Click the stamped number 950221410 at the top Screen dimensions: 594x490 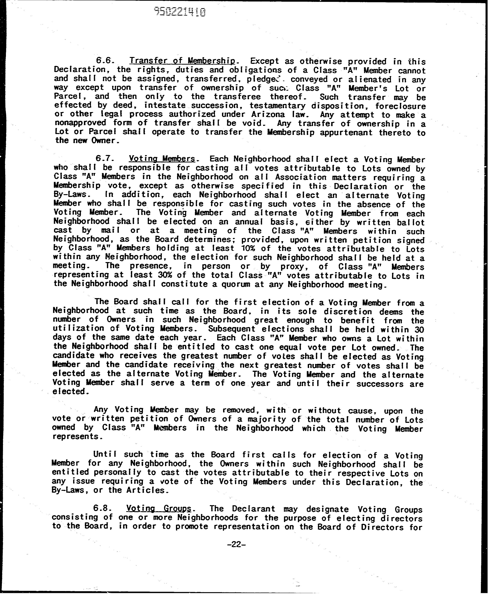179,12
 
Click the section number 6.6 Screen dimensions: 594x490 105,61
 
